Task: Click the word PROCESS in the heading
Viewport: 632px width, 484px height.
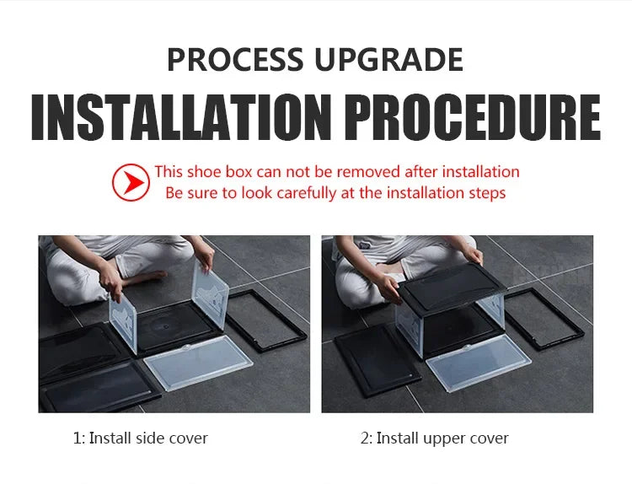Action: point(235,59)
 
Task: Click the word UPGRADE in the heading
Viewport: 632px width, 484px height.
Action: point(389,59)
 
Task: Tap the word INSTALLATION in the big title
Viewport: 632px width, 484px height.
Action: point(182,117)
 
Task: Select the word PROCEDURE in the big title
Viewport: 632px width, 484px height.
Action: point(474,117)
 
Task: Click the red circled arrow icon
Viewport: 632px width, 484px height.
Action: point(131,182)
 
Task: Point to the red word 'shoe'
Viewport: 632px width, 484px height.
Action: point(205,172)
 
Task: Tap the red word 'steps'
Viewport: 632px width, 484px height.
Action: point(487,194)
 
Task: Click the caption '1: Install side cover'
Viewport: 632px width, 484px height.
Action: point(140,438)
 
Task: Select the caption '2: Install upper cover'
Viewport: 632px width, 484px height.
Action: point(435,438)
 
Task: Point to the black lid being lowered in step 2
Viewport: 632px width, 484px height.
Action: point(452,288)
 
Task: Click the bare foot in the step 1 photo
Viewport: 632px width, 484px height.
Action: point(145,277)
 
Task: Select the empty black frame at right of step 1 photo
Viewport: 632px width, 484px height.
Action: point(267,320)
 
